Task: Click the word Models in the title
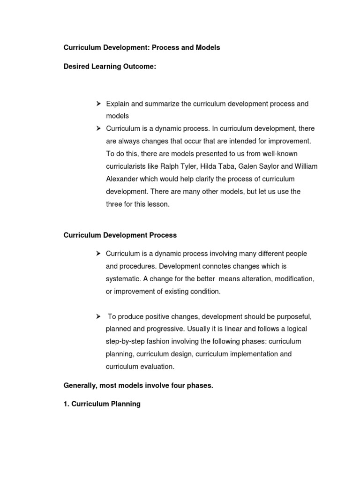[207, 48]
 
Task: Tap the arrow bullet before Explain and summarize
[99, 104]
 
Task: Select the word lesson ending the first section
[158, 204]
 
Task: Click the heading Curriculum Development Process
[120, 235]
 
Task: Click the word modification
[293, 279]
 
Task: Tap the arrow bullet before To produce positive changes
[99, 316]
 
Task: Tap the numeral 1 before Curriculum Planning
[66, 404]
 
